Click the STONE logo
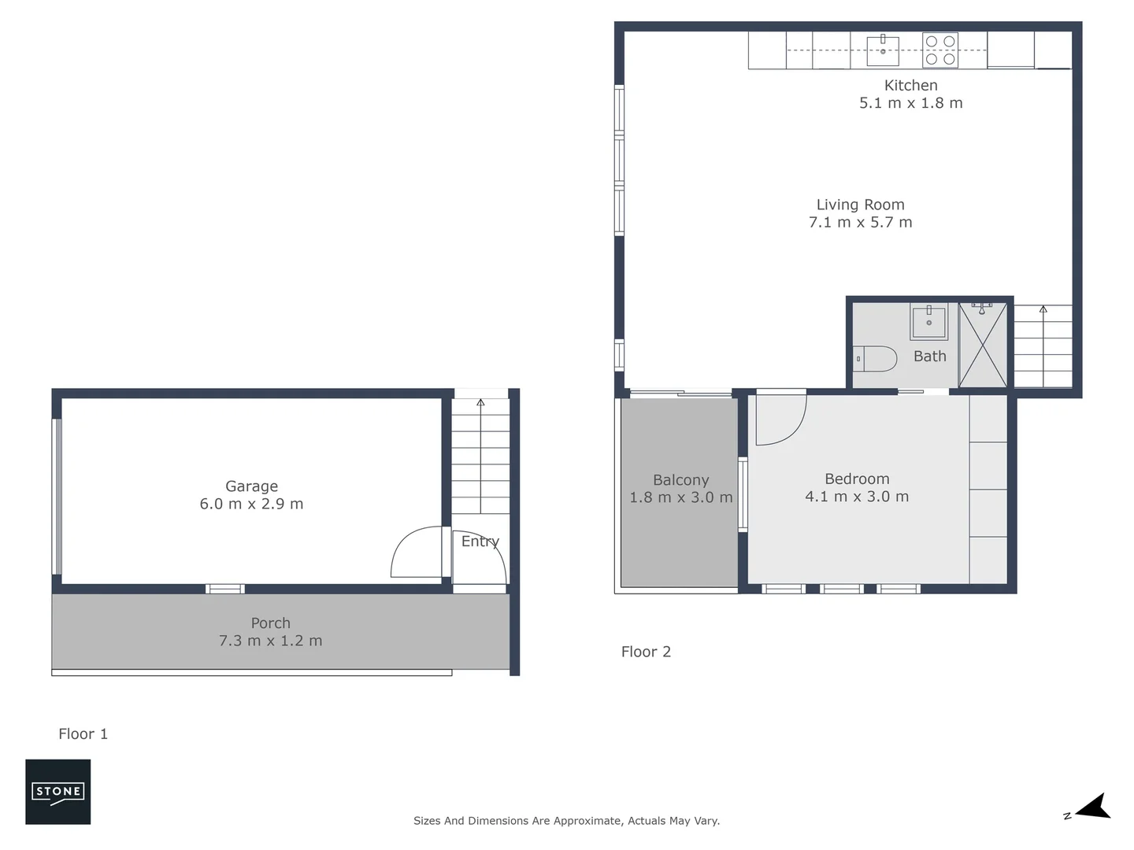[x=57, y=792]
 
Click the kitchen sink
[x=883, y=50]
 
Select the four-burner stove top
[x=940, y=50]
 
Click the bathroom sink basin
[x=929, y=322]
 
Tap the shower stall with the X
[x=982, y=345]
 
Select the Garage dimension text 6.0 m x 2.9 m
[x=251, y=504]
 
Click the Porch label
[x=270, y=623]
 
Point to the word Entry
[x=480, y=541]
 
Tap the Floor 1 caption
[x=83, y=734]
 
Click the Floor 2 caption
[x=646, y=651]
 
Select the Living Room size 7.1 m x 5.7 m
[x=860, y=223]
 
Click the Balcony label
[x=680, y=479]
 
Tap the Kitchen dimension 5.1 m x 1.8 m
[x=910, y=103]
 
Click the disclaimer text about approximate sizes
[x=566, y=820]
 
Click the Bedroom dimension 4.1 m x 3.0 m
[x=857, y=497]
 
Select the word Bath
[x=929, y=356]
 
